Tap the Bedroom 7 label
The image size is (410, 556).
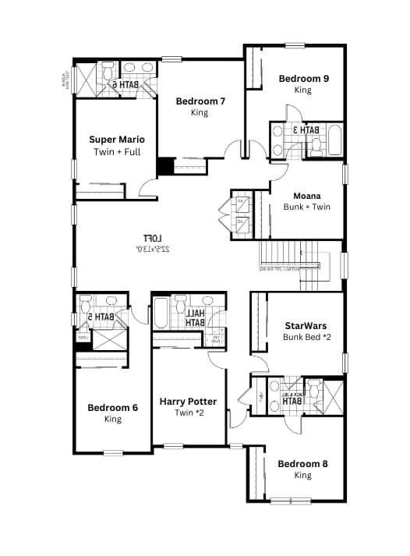point(200,101)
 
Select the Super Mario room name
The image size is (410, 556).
point(116,139)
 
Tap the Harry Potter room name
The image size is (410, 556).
point(188,401)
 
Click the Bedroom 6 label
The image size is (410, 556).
point(112,407)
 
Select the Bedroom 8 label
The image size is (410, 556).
point(302,463)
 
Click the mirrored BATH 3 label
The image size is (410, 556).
point(306,130)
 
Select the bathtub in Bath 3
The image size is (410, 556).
point(335,141)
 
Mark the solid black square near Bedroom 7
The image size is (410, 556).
point(165,167)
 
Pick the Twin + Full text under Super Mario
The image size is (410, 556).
point(116,151)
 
